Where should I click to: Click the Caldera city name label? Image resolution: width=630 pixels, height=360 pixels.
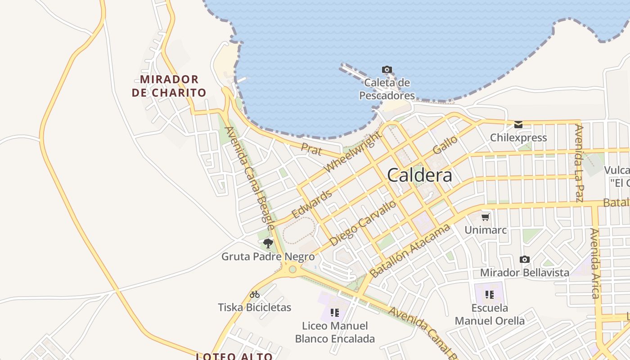(x=419, y=175)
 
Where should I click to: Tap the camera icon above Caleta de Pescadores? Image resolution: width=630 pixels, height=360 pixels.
(x=387, y=69)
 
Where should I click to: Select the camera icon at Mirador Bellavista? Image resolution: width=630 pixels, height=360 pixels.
(x=524, y=259)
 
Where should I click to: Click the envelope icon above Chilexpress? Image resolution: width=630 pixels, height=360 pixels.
(x=518, y=124)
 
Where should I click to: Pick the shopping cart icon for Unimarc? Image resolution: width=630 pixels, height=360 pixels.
(x=485, y=217)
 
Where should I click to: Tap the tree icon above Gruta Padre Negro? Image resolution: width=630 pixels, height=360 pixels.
(x=268, y=244)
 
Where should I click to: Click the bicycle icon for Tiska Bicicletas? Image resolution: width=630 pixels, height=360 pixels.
(x=255, y=294)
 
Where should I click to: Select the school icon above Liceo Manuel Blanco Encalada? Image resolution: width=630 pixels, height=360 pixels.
(x=334, y=312)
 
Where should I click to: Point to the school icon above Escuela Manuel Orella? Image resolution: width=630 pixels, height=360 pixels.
(x=490, y=295)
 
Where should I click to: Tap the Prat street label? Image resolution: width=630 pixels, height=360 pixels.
(x=312, y=148)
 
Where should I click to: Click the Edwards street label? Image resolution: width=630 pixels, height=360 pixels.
(x=312, y=204)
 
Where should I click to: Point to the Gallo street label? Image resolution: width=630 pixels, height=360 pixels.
(x=445, y=144)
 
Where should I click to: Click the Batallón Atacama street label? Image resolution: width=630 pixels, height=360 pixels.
(x=409, y=251)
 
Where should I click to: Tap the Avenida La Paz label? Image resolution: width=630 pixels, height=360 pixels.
(x=580, y=163)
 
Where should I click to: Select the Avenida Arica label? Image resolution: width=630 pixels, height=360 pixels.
(x=595, y=263)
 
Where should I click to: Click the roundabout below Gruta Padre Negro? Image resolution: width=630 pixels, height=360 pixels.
(x=292, y=269)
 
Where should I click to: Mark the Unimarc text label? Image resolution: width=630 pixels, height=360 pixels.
(x=486, y=230)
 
